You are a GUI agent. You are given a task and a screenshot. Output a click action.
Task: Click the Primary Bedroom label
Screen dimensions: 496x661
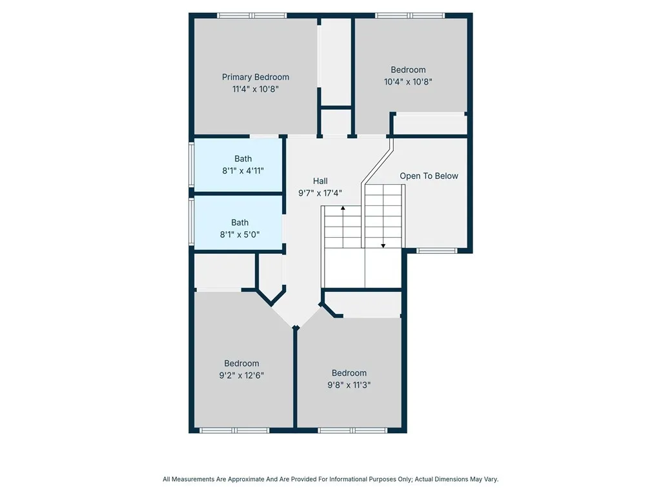256,77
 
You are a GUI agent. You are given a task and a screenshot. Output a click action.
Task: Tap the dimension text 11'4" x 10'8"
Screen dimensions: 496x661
256,89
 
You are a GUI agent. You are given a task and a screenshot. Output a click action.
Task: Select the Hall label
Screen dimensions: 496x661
320,181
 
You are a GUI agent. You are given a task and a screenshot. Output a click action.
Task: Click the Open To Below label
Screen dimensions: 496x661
429,176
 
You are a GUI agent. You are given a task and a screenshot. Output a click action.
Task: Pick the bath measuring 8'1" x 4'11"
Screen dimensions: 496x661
243,165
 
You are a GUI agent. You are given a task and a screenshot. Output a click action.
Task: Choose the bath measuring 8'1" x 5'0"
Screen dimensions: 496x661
239,229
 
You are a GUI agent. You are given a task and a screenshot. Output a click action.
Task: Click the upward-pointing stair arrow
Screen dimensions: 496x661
343,209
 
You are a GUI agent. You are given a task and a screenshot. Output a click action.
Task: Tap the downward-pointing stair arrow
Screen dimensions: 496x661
383,245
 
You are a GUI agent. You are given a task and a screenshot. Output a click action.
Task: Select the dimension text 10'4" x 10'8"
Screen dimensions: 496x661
408,82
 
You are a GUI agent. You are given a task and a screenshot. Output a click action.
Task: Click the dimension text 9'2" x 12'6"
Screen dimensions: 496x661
241,375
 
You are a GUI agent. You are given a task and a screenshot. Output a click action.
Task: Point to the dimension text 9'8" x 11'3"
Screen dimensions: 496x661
349,385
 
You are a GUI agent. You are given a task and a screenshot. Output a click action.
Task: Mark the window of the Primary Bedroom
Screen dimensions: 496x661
252,15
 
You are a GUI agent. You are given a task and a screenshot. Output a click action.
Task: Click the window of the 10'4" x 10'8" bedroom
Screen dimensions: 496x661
410,15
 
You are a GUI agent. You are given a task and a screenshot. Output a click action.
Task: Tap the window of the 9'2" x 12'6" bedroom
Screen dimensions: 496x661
234,430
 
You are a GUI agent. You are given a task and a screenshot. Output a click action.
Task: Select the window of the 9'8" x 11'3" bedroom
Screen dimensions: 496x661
352,430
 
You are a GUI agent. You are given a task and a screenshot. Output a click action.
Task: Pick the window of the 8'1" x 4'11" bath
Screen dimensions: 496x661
191,165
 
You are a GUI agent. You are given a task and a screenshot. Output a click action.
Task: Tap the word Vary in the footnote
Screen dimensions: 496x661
489,479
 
